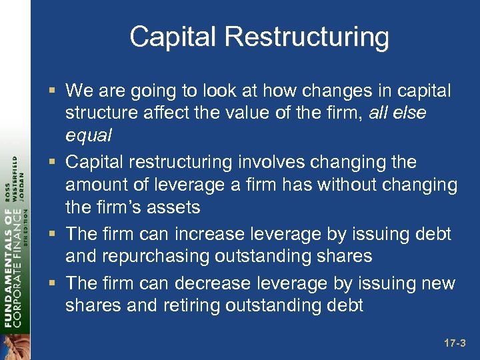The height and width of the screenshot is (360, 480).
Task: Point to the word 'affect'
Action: (x=167, y=113)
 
